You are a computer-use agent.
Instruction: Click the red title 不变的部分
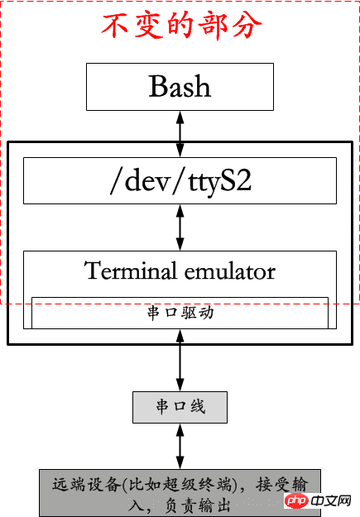[181, 26]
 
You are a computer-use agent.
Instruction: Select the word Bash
[180, 86]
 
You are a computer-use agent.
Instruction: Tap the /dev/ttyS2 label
[180, 180]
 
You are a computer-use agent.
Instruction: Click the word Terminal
[131, 270]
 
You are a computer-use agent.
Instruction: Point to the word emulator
[230, 271]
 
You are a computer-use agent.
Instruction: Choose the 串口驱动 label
[180, 313]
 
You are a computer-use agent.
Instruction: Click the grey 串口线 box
[180, 407]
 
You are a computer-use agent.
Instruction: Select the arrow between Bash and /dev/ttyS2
[180, 134]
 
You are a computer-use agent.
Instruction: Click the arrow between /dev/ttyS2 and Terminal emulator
[180, 227]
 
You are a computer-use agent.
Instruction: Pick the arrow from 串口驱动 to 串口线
[180, 361]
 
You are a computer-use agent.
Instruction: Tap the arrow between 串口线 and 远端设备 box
[180, 446]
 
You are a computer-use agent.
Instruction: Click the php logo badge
[296, 500]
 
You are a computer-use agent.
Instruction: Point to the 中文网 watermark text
[331, 501]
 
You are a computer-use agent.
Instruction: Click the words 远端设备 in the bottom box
[86, 485]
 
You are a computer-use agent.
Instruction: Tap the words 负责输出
[197, 505]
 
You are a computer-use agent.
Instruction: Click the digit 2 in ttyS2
[243, 180]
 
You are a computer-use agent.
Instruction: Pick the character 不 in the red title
[114, 26]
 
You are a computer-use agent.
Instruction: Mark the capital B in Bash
[157, 86]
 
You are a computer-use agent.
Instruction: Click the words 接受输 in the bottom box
[282, 485]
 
